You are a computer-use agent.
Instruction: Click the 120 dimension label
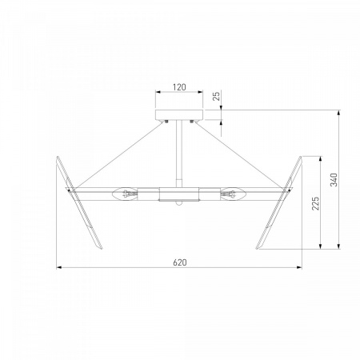[x=179, y=87]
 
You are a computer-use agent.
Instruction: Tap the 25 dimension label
[x=217, y=96]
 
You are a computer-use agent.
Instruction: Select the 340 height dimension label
[x=334, y=180]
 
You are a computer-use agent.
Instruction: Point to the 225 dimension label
[x=315, y=203]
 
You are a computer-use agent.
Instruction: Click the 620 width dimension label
[x=180, y=262]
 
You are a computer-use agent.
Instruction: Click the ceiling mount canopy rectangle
[x=179, y=114]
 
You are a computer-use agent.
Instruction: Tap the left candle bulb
[x=125, y=194]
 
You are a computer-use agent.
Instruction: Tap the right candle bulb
[x=233, y=194]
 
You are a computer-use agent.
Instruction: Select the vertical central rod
[x=179, y=154]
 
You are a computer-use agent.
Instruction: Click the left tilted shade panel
[x=79, y=202]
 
